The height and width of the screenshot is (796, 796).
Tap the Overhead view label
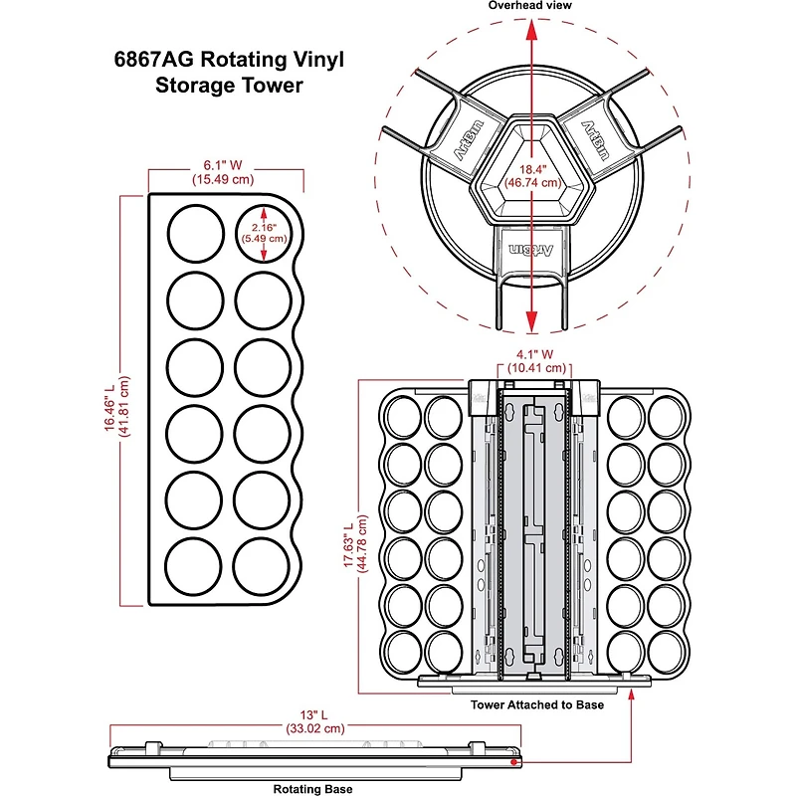point(530,6)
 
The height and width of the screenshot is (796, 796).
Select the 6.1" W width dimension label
point(224,171)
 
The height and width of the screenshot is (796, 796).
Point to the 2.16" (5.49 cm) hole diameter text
point(264,232)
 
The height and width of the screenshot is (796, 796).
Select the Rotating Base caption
point(312,789)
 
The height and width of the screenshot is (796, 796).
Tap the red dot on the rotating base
point(513,763)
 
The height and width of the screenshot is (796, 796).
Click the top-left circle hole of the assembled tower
point(402,415)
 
